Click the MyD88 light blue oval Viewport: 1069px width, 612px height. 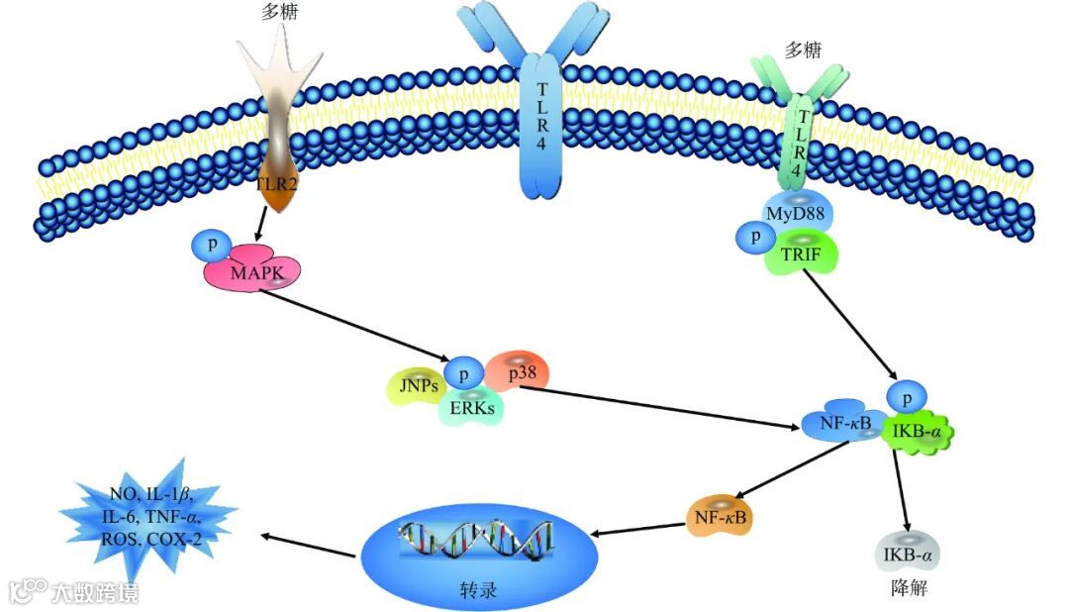pyautogui.click(x=797, y=213)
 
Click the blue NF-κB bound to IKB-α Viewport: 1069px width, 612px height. pyautogui.click(x=844, y=426)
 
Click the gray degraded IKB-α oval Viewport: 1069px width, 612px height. pyautogui.click(x=905, y=552)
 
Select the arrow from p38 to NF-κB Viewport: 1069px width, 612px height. pyautogui.click(x=663, y=407)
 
